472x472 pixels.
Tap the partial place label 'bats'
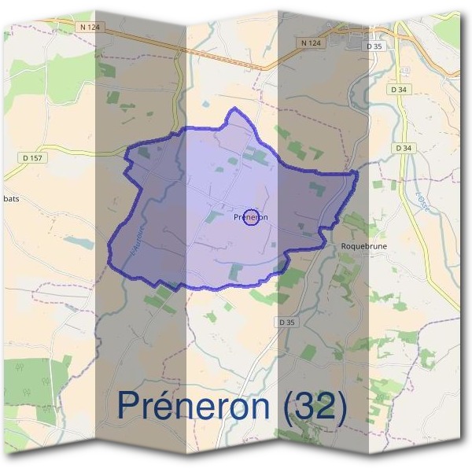(x=10, y=199)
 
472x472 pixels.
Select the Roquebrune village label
(x=364, y=246)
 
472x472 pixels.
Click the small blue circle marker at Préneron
(x=251, y=217)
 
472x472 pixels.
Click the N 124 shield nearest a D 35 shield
(x=312, y=42)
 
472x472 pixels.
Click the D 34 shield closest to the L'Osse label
(x=404, y=148)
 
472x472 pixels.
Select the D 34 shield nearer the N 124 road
(x=398, y=90)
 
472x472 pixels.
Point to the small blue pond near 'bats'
(x=79, y=242)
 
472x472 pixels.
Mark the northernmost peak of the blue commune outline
(x=231, y=110)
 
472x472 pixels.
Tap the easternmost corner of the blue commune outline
(x=357, y=171)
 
